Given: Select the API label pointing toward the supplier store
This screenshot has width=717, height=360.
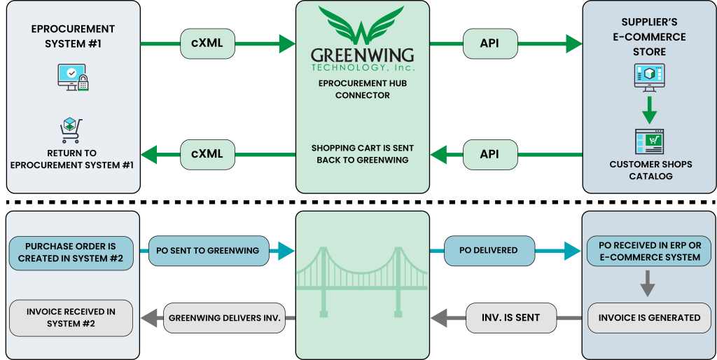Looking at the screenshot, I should pyautogui.click(x=489, y=43).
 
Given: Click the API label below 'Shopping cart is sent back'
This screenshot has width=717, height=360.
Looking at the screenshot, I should pyautogui.click(x=489, y=154).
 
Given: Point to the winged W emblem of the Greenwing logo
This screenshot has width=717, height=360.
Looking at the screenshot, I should pyautogui.click(x=361, y=25).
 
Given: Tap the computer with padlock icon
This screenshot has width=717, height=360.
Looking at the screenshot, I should pyautogui.click(x=73, y=77).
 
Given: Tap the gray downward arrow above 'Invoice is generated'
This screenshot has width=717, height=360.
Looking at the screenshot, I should pyautogui.click(x=648, y=286).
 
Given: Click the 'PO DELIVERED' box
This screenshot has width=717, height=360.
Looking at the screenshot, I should pyautogui.click(x=489, y=251).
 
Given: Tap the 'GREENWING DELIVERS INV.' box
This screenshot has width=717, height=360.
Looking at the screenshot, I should pyautogui.click(x=224, y=318).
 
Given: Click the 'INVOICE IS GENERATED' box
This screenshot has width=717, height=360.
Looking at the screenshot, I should pyautogui.click(x=649, y=317).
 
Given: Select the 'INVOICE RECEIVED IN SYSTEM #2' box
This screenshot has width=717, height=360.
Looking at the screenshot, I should pyautogui.click(x=71, y=317).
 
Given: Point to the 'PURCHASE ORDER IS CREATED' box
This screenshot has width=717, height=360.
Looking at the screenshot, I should pyautogui.click(x=71, y=252).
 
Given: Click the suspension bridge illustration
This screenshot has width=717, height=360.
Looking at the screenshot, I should pyautogui.click(x=362, y=277).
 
